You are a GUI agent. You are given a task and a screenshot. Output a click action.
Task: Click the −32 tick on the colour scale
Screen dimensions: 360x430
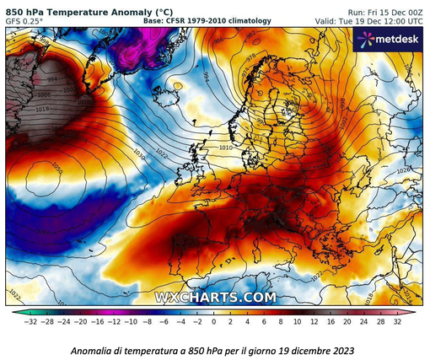30,322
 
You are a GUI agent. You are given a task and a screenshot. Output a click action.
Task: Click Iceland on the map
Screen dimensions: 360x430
177,84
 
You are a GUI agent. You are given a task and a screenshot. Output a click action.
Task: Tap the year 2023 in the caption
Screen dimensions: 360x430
340,350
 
